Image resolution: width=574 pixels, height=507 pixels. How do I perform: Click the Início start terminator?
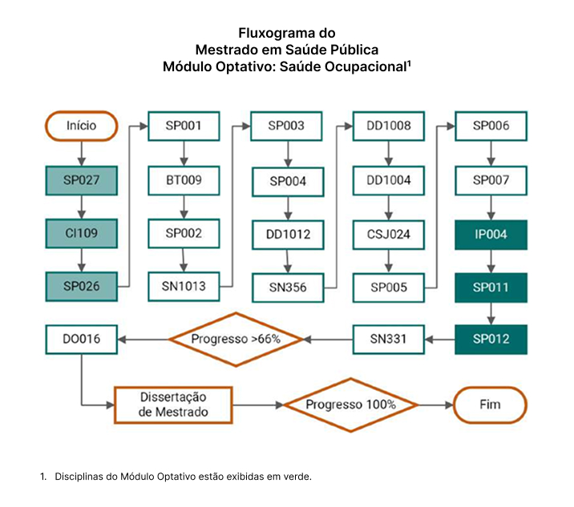tap(81, 126)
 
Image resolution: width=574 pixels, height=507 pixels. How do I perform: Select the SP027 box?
tap(81, 180)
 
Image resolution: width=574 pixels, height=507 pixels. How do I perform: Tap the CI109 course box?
tap(81, 233)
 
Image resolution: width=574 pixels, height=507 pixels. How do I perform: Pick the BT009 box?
tap(184, 180)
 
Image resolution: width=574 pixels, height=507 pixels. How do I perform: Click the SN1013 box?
tap(184, 287)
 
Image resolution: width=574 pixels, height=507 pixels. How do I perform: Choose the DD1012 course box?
tap(288, 235)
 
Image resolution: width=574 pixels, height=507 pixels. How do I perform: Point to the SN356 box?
tap(288, 288)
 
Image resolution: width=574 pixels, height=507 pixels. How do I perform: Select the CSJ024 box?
tap(389, 235)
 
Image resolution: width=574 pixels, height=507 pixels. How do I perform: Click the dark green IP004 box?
tap(491, 235)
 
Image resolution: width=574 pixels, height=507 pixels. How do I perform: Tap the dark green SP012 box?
tap(491, 340)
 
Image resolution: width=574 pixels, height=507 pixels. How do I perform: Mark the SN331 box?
tap(389, 340)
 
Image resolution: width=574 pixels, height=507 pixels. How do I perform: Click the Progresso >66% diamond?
tap(236, 340)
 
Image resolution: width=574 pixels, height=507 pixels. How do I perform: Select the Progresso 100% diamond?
tap(350, 405)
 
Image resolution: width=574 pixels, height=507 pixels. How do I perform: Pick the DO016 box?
tap(81, 340)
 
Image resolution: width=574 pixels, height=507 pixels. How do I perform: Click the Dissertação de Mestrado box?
tap(173, 405)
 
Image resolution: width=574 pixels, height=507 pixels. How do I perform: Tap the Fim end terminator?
tap(490, 405)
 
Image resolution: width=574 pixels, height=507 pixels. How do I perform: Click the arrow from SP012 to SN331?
tap(440, 340)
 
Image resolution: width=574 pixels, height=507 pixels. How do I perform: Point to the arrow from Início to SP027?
tap(82, 154)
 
